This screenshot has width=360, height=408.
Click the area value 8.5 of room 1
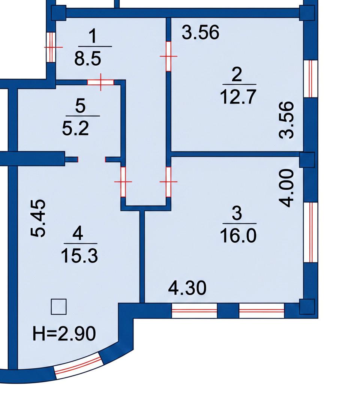(88, 58)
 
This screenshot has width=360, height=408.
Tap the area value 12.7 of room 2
(238, 96)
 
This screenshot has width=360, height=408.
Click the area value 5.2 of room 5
(79, 128)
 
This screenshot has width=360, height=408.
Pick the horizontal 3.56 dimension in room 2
(200, 32)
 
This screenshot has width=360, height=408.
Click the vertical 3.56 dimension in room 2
(288, 120)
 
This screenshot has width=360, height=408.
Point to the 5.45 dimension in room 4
(39, 219)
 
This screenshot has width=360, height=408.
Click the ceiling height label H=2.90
(64, 333)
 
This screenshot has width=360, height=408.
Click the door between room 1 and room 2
(168, 56)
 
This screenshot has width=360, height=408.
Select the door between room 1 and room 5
(100, 82)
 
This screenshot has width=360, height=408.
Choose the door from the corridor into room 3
(168, 181)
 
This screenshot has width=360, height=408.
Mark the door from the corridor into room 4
(123, 181)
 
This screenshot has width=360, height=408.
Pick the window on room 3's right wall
(310, 232)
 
